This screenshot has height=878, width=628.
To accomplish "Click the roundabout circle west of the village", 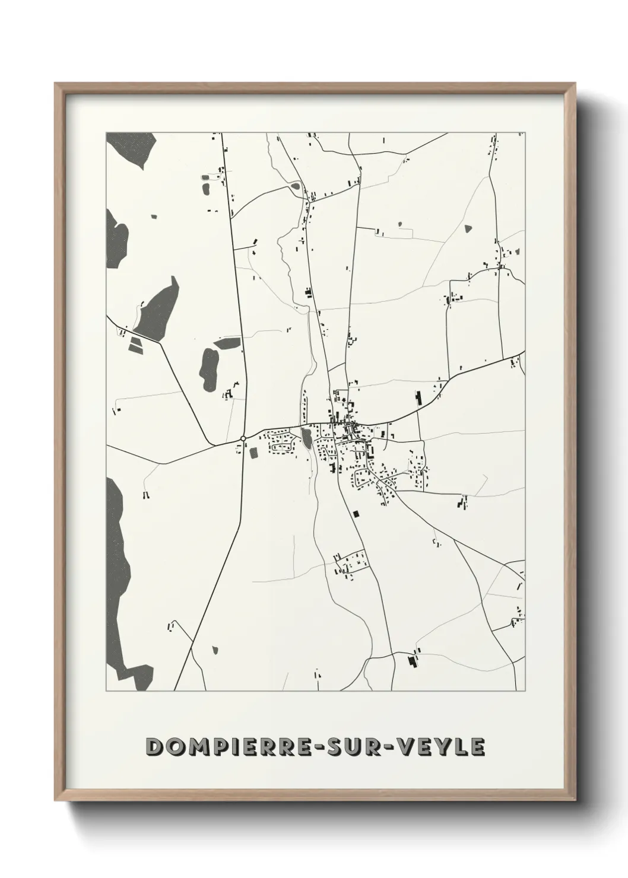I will click(243, 438).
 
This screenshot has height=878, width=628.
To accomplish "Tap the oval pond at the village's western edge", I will click(306, 438).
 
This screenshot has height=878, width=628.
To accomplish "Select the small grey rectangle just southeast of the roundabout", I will click(255, 453).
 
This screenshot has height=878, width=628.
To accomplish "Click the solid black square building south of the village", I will click(356, 514).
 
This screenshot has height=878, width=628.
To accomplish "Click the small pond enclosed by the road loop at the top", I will click(294, 186).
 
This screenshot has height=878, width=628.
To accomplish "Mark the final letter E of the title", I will click(477, 746).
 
